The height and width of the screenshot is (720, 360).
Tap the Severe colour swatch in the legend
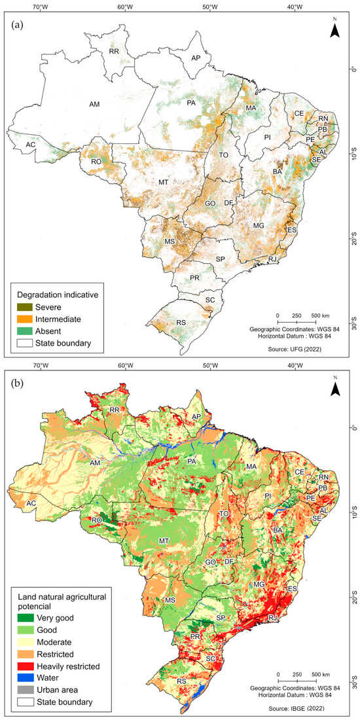[x=23, y=307]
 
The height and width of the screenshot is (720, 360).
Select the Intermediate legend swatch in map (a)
[x=23, y=319]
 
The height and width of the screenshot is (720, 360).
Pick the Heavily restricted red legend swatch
[x=23, y=666]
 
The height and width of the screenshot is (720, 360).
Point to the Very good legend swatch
[x=23, y=617]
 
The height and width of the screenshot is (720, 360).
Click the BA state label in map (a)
[x=278, y=171]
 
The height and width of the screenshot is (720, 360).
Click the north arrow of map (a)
[x=334, y=28]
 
